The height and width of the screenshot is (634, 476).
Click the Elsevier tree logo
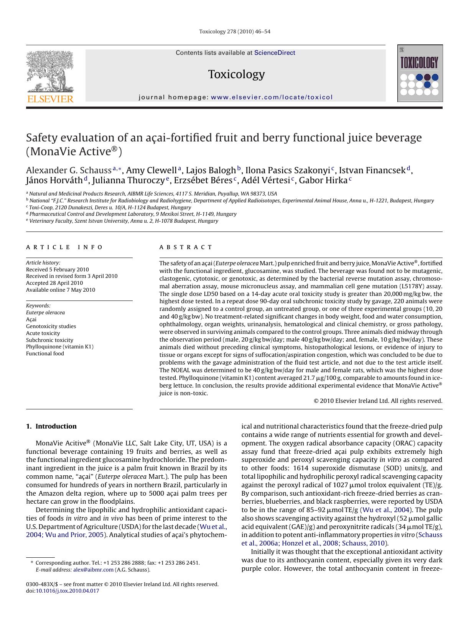click(50, 73)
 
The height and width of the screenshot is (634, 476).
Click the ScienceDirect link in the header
click(275, 53)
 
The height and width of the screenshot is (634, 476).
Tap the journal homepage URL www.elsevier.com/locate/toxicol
click(272, 97)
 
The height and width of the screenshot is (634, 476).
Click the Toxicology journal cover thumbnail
click(420, 73)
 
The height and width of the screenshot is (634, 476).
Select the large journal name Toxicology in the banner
click(236, 74)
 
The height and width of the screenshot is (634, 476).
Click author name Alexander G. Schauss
click(69, 170)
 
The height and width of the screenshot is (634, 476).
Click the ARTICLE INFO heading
click(64, 247)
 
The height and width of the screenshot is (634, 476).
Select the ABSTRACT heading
click(186, 247)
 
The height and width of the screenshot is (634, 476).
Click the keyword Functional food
click(45, 353)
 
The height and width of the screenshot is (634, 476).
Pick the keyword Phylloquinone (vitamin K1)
click(60, 347)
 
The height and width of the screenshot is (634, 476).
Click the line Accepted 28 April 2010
click(54, 283)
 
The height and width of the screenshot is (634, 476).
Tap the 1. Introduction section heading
click(51, 426)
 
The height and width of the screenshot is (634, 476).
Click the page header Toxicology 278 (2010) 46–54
click(235, 31)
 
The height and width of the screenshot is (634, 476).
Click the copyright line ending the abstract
click(378, 401)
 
